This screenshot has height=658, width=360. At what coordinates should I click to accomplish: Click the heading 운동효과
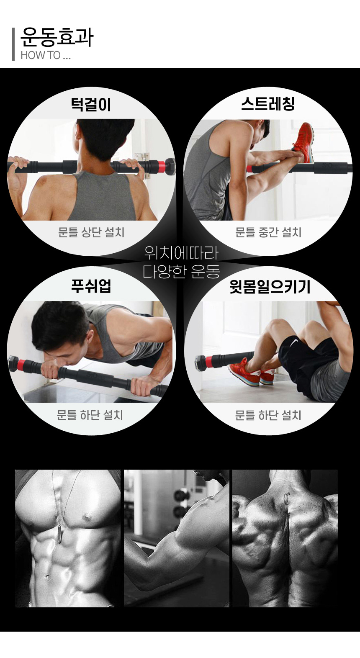click(57, 37)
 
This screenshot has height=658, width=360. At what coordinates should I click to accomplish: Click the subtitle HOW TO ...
click(41, 55)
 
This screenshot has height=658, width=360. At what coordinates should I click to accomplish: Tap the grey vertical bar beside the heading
click(13, 44)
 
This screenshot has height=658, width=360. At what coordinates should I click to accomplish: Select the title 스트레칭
click(268, 104)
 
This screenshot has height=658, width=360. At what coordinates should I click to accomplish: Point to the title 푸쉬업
click(91, 286)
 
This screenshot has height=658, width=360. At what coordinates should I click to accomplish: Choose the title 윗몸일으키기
click(270, 287)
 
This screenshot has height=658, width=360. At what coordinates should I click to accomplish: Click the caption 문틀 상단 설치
click(91, 232)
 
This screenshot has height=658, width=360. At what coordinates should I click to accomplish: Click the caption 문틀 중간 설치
click(268, 232)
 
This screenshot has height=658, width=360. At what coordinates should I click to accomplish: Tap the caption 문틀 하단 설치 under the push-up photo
click(90, 415)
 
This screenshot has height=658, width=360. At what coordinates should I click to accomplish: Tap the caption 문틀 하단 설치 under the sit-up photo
click(268, 415)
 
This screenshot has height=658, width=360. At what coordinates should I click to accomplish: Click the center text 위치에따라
click(181, 253)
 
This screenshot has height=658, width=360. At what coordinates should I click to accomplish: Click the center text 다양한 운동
click(181, 272)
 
